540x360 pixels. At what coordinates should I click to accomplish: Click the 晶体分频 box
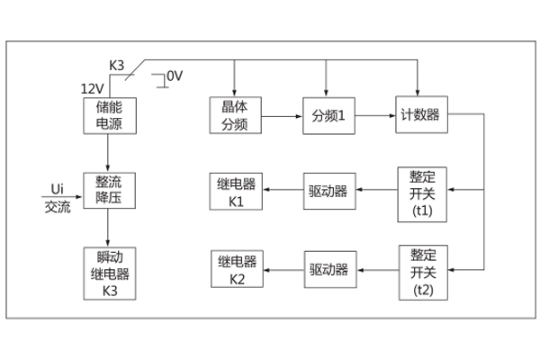coord(235,116)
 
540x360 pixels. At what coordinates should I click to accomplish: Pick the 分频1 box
coord(328,116)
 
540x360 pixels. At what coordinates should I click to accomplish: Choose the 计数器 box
coord(420,116)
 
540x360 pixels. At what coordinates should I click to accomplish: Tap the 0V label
coord(173,76)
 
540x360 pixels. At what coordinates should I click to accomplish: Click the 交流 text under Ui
coord(57,205)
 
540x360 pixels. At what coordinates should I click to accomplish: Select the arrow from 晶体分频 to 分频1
coord(281,116)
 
